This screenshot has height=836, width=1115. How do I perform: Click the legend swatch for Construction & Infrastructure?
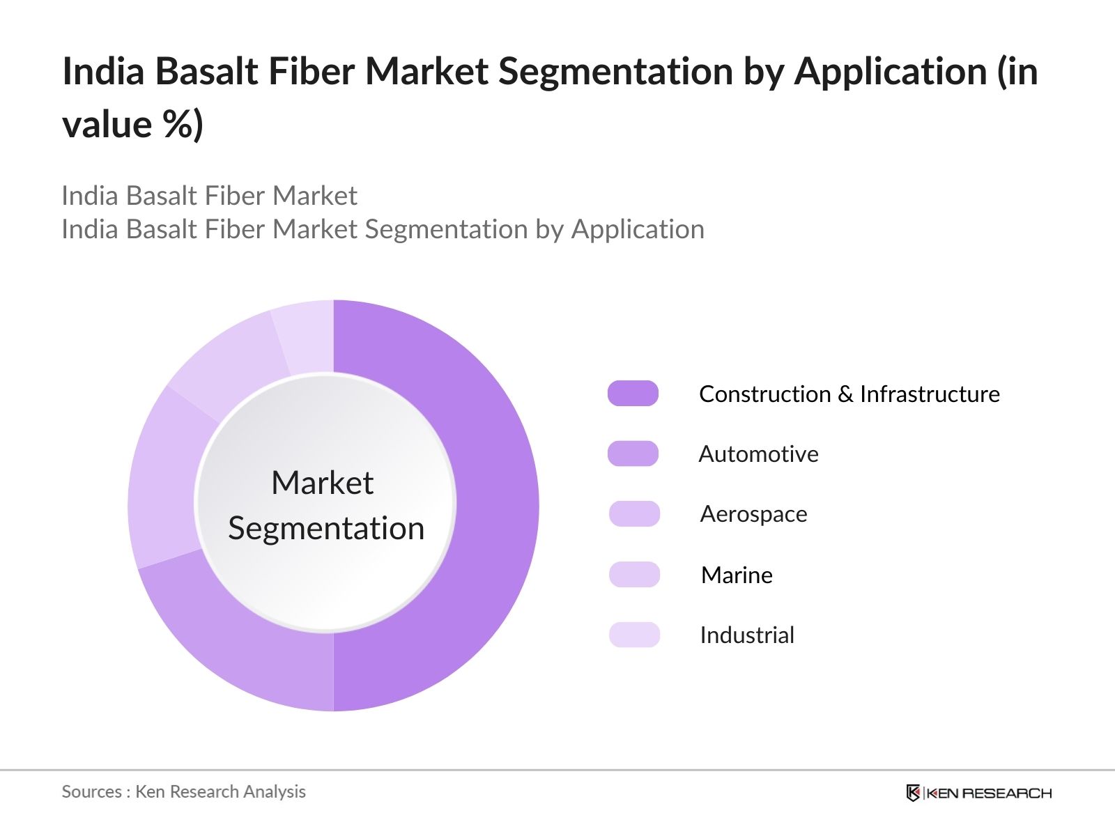click(633, 394)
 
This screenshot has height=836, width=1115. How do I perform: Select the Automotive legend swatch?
click(633, 454)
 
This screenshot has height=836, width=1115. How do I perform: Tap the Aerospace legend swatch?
click(633, 514)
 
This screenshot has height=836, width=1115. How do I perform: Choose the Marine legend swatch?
click(633, 575)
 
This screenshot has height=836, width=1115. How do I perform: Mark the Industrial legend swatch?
click(633, 635)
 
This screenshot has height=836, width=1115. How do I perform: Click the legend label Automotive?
click(758, 454)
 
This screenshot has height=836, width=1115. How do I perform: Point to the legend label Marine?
click(737, 575)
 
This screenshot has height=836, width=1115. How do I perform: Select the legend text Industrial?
click(747, 635)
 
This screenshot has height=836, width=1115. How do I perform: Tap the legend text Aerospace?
click(753, 514)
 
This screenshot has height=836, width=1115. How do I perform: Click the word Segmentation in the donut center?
click(326, 528)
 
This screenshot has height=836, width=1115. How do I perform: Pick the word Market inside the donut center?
click(322, 483)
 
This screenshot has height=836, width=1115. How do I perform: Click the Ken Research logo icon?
click(912, 793)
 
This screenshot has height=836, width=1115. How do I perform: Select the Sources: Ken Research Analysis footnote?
click(183, 792)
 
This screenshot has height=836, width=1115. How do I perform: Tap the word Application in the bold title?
click(890, 72)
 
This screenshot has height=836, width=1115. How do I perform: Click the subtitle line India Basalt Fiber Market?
click(209, 196)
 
